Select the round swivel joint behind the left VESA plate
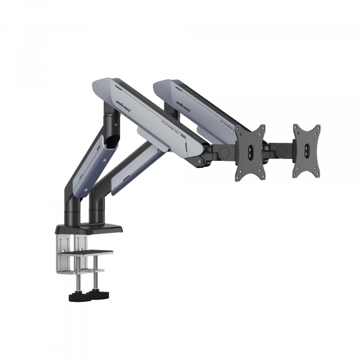[223, 151]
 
